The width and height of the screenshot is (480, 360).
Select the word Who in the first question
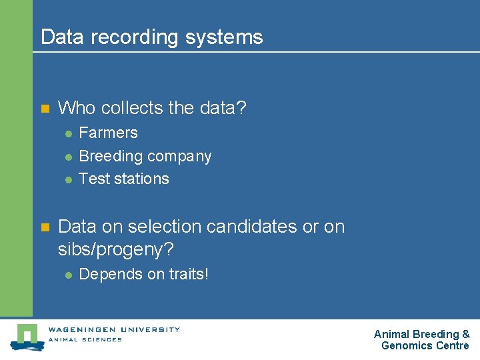[77, 107]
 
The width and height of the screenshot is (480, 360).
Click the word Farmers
[108, 133]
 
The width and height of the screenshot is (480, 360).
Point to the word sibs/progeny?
[115, 251]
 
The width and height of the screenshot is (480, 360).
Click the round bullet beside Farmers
[68, 133]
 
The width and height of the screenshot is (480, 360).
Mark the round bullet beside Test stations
[68, 179]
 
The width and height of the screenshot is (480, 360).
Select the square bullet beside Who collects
[45, 108]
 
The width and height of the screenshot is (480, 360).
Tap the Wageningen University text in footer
[114, 329]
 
